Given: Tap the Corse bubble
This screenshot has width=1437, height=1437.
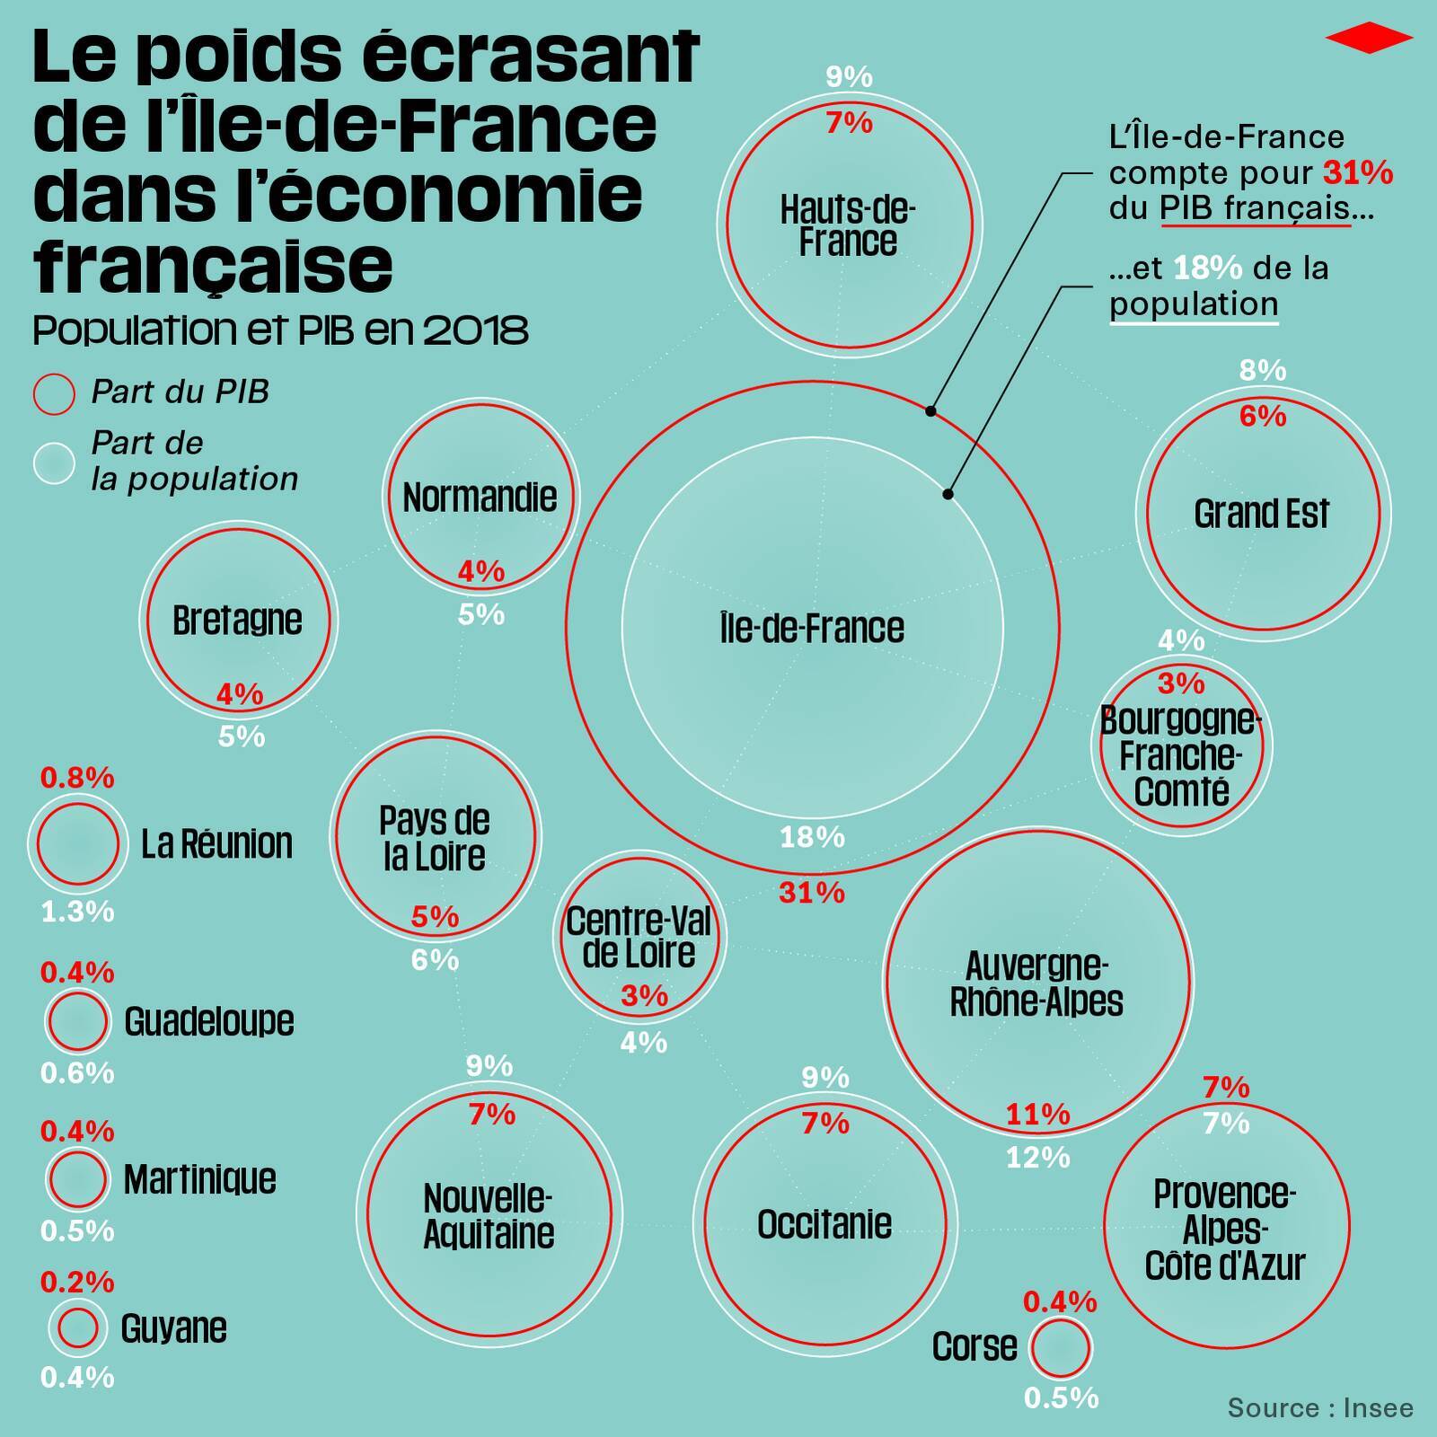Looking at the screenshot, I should (x=1061, y=1347).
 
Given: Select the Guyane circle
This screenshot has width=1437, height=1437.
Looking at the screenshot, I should (x=77, y=1327).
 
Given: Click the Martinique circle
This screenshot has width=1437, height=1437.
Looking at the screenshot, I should (x=77, y=1178).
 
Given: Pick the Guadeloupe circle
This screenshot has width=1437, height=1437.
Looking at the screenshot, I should (x=77, y=1020).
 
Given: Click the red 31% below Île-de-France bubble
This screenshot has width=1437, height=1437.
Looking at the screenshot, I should (x=812, y=893).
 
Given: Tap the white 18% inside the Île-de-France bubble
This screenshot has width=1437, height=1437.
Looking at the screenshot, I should (x=812, y=837).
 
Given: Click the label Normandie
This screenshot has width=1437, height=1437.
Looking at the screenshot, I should (x=480, y=498).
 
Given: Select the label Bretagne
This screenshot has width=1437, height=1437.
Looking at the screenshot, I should (x=237, y=621).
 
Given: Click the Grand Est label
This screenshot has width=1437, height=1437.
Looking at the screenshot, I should (x=1261, y=514).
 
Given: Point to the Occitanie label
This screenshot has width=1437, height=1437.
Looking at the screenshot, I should (x=824, y=1224).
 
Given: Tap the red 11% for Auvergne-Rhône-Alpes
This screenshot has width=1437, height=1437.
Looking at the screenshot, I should (x=1037, y=1115).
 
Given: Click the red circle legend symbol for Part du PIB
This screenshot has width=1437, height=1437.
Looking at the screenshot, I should (x=54, y=394).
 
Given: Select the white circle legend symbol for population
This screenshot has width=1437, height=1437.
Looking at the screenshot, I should (x=54, y=463).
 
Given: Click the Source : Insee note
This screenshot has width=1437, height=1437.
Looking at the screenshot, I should (x=1319, y=1407).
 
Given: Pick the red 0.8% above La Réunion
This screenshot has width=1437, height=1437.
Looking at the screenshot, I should (x=77, y=778).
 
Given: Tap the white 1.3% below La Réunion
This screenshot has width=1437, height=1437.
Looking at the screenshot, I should (x=77, y=912).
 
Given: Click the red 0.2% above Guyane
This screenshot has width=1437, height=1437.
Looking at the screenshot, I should (x=77, y=1282).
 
